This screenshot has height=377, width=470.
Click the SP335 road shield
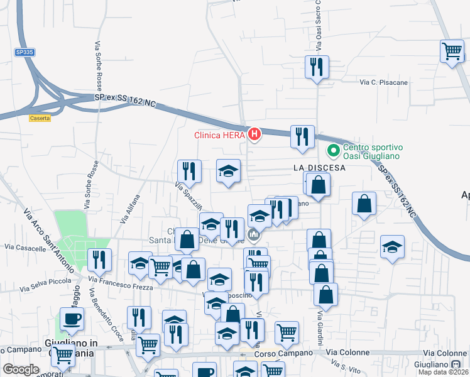25,53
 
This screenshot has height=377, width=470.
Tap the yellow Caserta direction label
40,117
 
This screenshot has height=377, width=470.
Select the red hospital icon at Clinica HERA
254,134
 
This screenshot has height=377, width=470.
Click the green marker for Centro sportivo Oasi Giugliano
332,151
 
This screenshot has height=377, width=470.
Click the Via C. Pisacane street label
383,82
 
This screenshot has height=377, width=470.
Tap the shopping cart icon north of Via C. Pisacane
452,51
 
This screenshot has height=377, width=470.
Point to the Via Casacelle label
23,248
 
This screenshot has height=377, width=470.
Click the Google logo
21,369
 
